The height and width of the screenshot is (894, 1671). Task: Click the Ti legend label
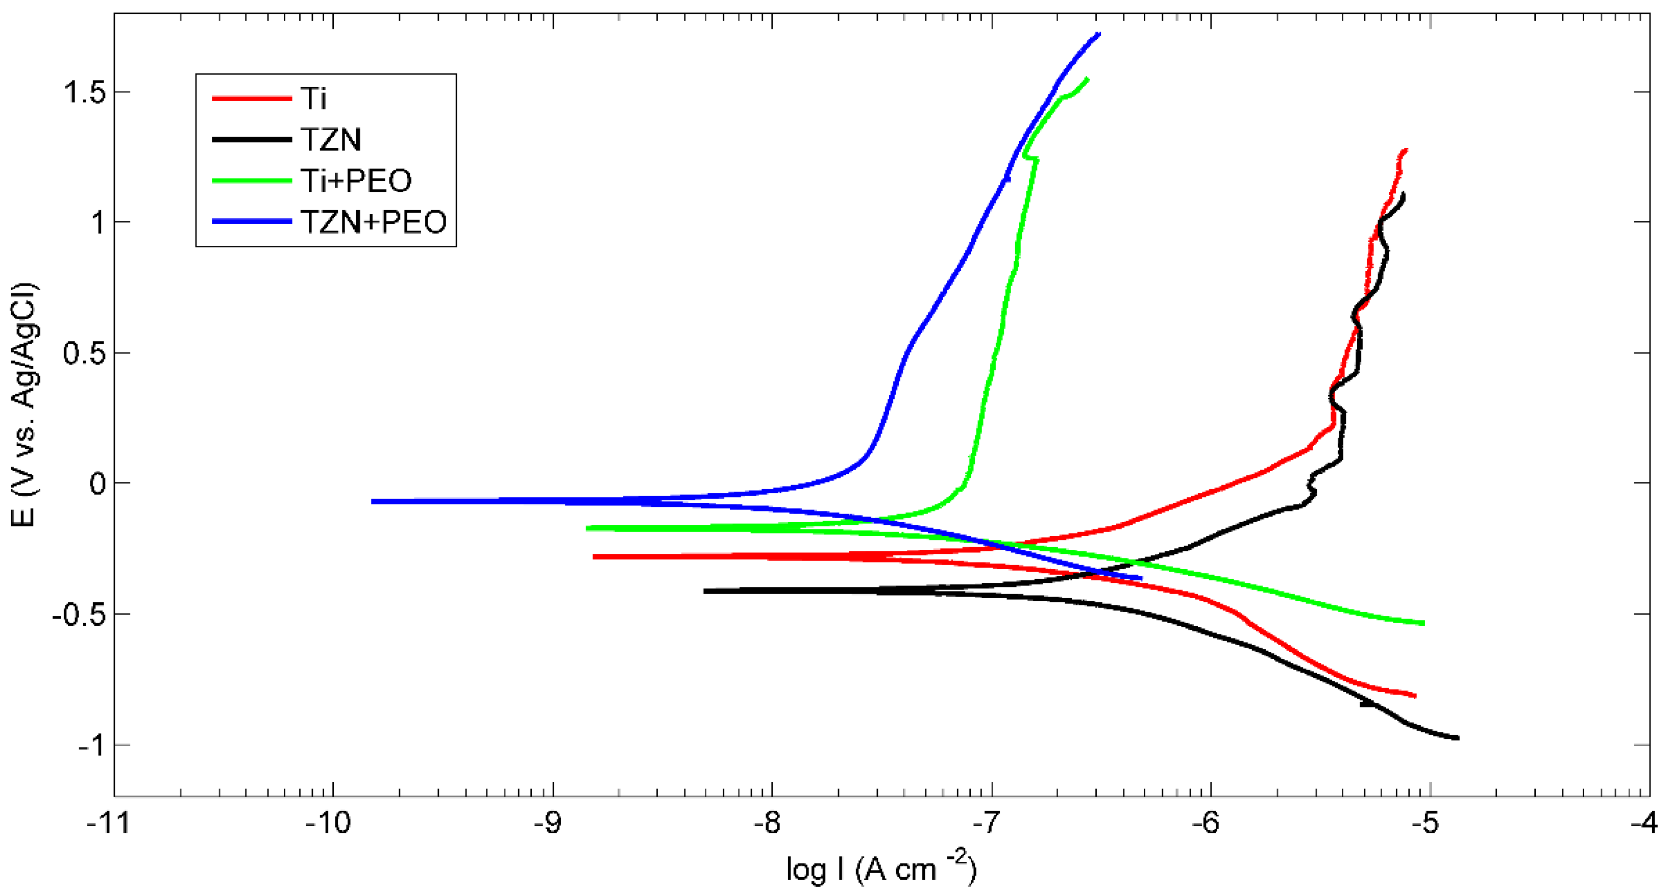tap(313, 98)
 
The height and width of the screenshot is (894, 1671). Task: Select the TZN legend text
tap(330, 139)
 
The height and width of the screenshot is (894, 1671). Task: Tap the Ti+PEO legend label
tap(355, 180)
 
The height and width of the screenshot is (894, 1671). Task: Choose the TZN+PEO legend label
tap(373, 222)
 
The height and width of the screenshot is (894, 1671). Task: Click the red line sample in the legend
tap(252, 98)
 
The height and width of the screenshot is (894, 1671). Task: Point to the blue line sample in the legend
tap(252, 222)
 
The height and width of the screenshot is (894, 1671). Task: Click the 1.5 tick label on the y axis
tap(84, 92)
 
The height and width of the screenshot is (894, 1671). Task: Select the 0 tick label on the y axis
tap(97, 483)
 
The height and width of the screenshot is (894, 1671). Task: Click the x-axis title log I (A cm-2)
tap(881, 869)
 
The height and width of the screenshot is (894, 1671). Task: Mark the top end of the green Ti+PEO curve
tap(1087, 79)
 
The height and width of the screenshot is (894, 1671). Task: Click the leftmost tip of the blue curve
tap(373, 501)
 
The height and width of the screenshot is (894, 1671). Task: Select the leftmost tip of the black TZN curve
tap(706, 591)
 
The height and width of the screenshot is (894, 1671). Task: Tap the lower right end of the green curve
tap(1423, 623)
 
